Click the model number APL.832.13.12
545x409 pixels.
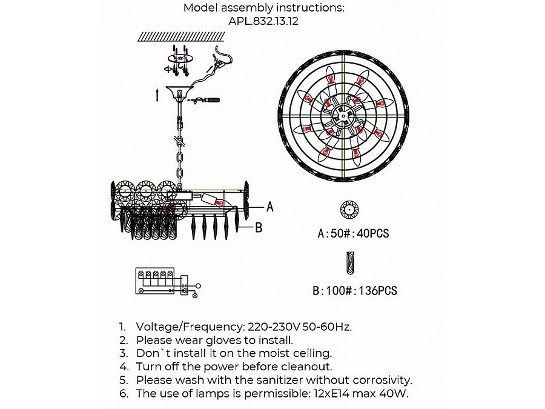click(x=263, y=21)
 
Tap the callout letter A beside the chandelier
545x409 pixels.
click(x=270, y=207)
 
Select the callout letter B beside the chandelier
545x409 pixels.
click(x=259, y=227)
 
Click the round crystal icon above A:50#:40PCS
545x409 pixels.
click(x=349, y=210)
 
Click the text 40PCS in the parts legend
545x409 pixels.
click(x=372, y=233)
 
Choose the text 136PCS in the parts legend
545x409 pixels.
click(x=377, y=290)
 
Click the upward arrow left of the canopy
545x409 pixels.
click(x=157, y=95)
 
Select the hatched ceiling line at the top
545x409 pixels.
click(x=181, y=36)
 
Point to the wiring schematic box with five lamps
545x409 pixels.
click(x=155, y=281)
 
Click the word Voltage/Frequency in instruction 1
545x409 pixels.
click(x=189, y=327)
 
